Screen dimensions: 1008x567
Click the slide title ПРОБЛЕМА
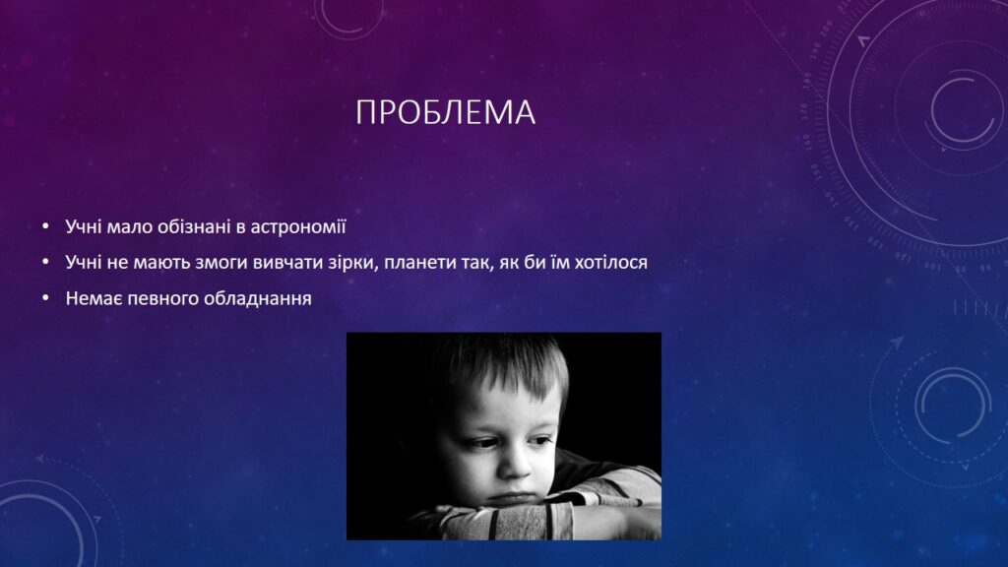445,112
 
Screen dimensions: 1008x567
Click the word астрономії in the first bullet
297,227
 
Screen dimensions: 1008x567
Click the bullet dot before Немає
45,298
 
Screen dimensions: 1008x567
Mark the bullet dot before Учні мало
45,226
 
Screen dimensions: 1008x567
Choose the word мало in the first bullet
129,227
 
